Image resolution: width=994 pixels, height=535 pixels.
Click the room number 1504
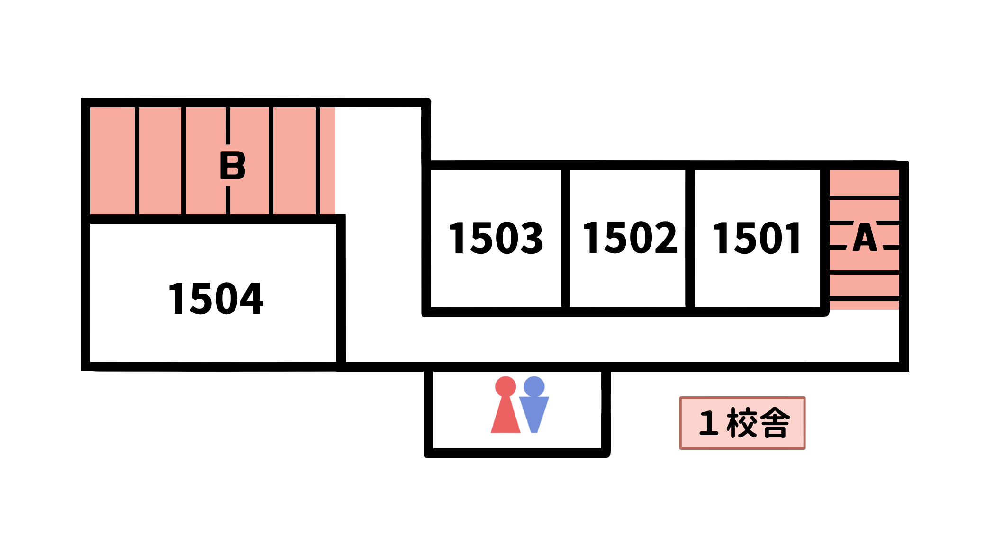(216, 298)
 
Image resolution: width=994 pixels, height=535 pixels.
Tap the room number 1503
(496, 238)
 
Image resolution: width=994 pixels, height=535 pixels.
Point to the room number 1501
(757, 238)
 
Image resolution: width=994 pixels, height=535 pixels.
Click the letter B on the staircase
(233, 165)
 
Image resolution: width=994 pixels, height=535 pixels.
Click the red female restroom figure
(506, 405)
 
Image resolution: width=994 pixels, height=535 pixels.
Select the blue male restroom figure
(534, 405)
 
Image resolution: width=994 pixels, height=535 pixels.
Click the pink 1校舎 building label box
(742, 423)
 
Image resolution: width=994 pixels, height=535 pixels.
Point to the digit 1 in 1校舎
(709, 423)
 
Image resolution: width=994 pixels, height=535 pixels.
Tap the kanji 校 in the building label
(742, 423)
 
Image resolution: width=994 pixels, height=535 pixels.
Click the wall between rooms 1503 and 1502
(565, 238)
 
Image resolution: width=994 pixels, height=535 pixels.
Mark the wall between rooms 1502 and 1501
(690, 238)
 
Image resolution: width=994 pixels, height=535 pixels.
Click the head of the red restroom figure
(506, 387)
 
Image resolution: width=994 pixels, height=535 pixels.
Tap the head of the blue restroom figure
(534, 387)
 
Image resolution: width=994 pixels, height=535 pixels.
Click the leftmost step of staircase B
(112, 161)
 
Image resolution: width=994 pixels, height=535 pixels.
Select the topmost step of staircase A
(864, 183)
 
